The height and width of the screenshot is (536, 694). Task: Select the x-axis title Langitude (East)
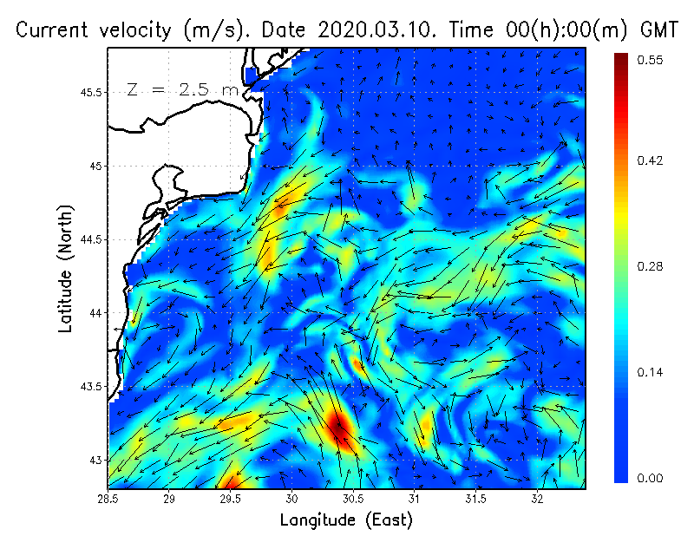pos(346,520)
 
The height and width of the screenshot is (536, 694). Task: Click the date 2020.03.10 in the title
pos(377,29)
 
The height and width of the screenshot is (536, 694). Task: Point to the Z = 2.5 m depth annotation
pos(181,89)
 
